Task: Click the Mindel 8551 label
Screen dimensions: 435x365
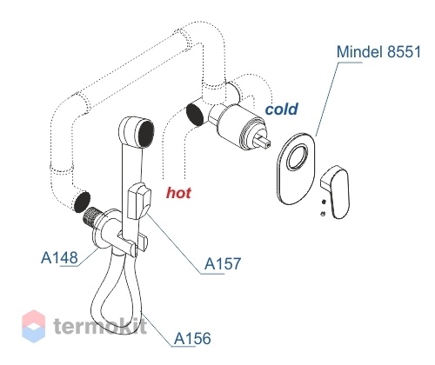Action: tap(378, 52)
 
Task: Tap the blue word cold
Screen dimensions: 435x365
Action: tap(281, 109)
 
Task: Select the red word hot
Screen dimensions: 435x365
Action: tap(178, 193)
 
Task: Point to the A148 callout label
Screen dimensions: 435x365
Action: tap(60, 257)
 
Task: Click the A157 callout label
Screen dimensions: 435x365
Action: tap(223, 263)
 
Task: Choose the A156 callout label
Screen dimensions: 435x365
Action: tap(192, 338)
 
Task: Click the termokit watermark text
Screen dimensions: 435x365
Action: tap(100, 325)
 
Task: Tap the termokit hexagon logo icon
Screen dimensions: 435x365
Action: tap(34, 326)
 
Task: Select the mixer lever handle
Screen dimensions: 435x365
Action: tap(337, 191)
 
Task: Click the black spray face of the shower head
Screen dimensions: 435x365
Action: tap(146, 135)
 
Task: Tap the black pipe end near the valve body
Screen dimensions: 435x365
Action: tap(195, 115)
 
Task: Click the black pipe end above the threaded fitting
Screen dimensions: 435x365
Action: tap(82, 202)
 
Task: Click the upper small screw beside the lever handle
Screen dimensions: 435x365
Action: tap(324, 202)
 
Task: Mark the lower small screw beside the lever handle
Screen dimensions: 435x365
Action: tap(324, 214)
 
